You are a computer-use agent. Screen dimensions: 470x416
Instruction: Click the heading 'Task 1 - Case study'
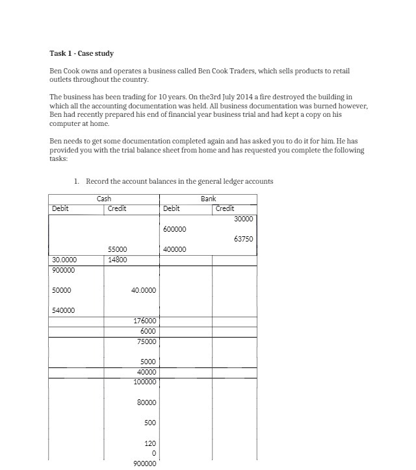[x=81, y=53]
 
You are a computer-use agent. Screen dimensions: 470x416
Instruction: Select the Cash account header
[x=104, y=199]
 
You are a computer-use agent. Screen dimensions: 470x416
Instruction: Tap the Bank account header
[x=208, y=199]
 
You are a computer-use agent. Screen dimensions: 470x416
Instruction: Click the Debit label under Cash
[x=60, y=208]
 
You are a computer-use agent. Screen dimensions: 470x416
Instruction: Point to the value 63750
[x=243, y=239]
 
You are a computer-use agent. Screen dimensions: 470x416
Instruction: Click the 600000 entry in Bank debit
[x=175, y=229]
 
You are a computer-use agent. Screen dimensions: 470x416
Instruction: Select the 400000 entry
[x=175, y=249]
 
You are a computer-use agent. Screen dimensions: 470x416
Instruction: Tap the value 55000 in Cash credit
[x=118, y=249]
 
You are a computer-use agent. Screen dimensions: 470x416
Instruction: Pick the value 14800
[x=118, y=260]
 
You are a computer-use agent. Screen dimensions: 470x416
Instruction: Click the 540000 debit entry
[x=63, y=310]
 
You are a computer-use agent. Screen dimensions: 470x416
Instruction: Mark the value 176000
[x=144, y=321]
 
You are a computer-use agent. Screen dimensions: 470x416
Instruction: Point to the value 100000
[x=144, y=382]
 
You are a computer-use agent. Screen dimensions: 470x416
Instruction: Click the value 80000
[x=146, y=402]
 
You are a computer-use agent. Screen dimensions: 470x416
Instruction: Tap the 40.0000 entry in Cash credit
[x=144, y=290]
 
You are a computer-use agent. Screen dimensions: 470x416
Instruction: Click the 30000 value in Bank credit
[x=244, y=219]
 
